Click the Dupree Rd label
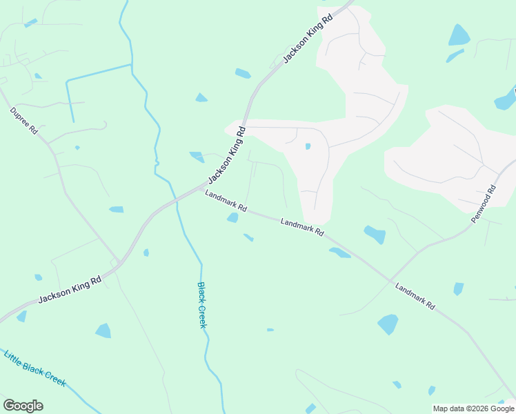(x=23, y=121)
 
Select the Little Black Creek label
(x=34, y=368)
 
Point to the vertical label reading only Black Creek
(x=202, y=304)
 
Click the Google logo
(x=23, y=406)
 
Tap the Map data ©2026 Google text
(x=473, y=408)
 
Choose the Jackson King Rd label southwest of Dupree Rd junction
(x=70, y=288)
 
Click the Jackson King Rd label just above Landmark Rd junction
(x=226, y=155)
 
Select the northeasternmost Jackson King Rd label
(x=308, y=38)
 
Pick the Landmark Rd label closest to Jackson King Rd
(x=225, y=203)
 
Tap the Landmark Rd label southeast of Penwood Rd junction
(x=415, y=295)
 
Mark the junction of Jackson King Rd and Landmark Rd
(x=201, y=187)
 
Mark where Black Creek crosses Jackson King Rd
(x=177, y=199)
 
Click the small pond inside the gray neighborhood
(x=308, y=146)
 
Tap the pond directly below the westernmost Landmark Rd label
(x=232, y=218)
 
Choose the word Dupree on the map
(x=20, y=117)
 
